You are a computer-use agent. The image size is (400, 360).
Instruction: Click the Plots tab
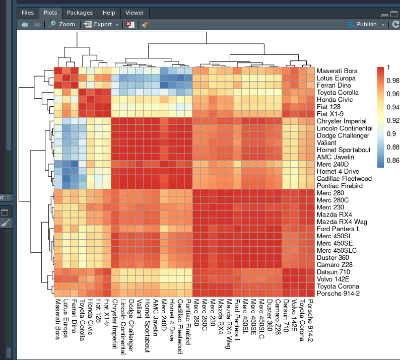pos(50,13)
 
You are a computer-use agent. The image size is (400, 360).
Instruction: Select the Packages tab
pos(80,13)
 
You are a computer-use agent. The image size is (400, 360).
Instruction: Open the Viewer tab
pos(135,13)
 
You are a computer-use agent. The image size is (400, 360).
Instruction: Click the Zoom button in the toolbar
pos(61,24)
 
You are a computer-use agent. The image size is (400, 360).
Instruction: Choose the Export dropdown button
pos(102,24)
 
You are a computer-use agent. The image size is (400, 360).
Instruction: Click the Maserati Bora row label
pos(337,71)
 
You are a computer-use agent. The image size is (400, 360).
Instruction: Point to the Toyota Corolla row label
pos(338,93)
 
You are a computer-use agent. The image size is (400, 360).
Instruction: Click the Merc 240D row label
pos(333,164)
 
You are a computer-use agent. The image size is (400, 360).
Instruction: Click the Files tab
pos(28,13)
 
